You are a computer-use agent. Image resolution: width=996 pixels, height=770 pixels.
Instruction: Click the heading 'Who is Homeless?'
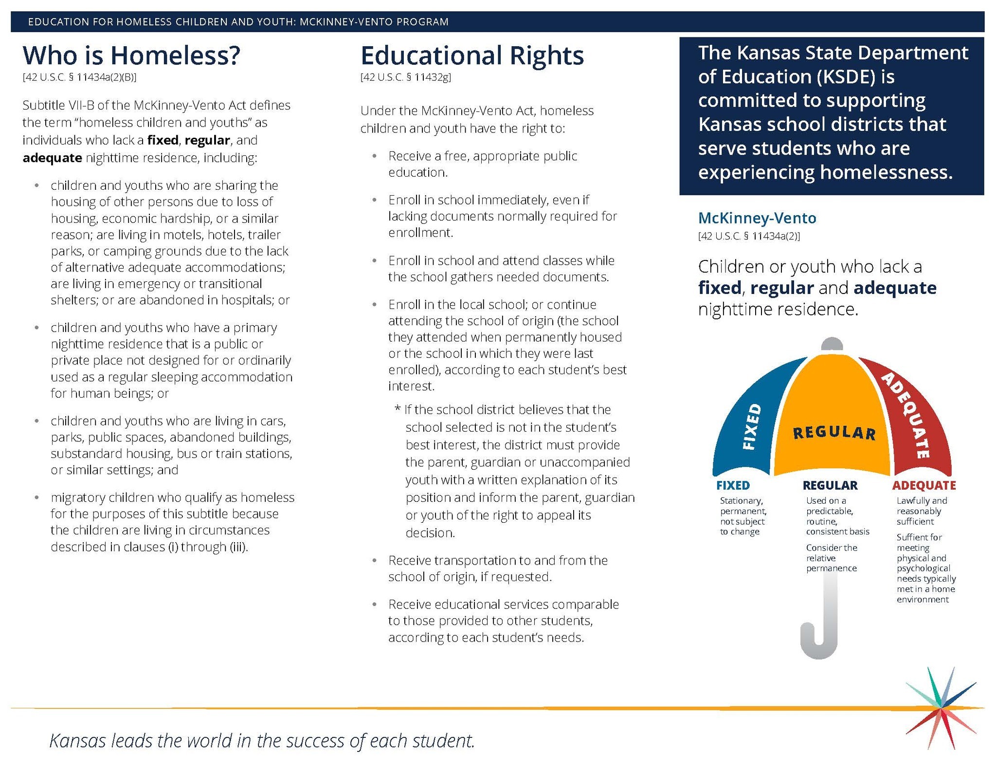131,55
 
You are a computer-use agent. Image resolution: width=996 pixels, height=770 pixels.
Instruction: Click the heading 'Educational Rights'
471,55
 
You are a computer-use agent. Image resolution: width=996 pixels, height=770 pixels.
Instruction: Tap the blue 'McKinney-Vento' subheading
757,218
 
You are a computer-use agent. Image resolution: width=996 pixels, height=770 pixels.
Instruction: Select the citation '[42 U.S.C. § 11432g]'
405,77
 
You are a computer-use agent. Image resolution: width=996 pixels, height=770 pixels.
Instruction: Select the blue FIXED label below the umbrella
733,485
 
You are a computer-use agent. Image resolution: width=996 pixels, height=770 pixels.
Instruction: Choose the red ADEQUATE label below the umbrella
924,485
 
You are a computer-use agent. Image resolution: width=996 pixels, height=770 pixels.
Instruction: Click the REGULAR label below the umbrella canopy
830,485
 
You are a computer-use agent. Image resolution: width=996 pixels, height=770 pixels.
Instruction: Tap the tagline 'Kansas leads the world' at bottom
262,741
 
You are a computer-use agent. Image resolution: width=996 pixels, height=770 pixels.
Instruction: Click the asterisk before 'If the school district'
398,410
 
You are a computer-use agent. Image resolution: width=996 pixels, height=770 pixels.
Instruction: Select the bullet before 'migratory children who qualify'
36,497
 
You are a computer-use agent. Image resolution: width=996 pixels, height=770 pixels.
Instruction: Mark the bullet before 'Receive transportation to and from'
374,561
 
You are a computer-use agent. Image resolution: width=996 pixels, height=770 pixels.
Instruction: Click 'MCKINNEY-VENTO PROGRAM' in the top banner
374,22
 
